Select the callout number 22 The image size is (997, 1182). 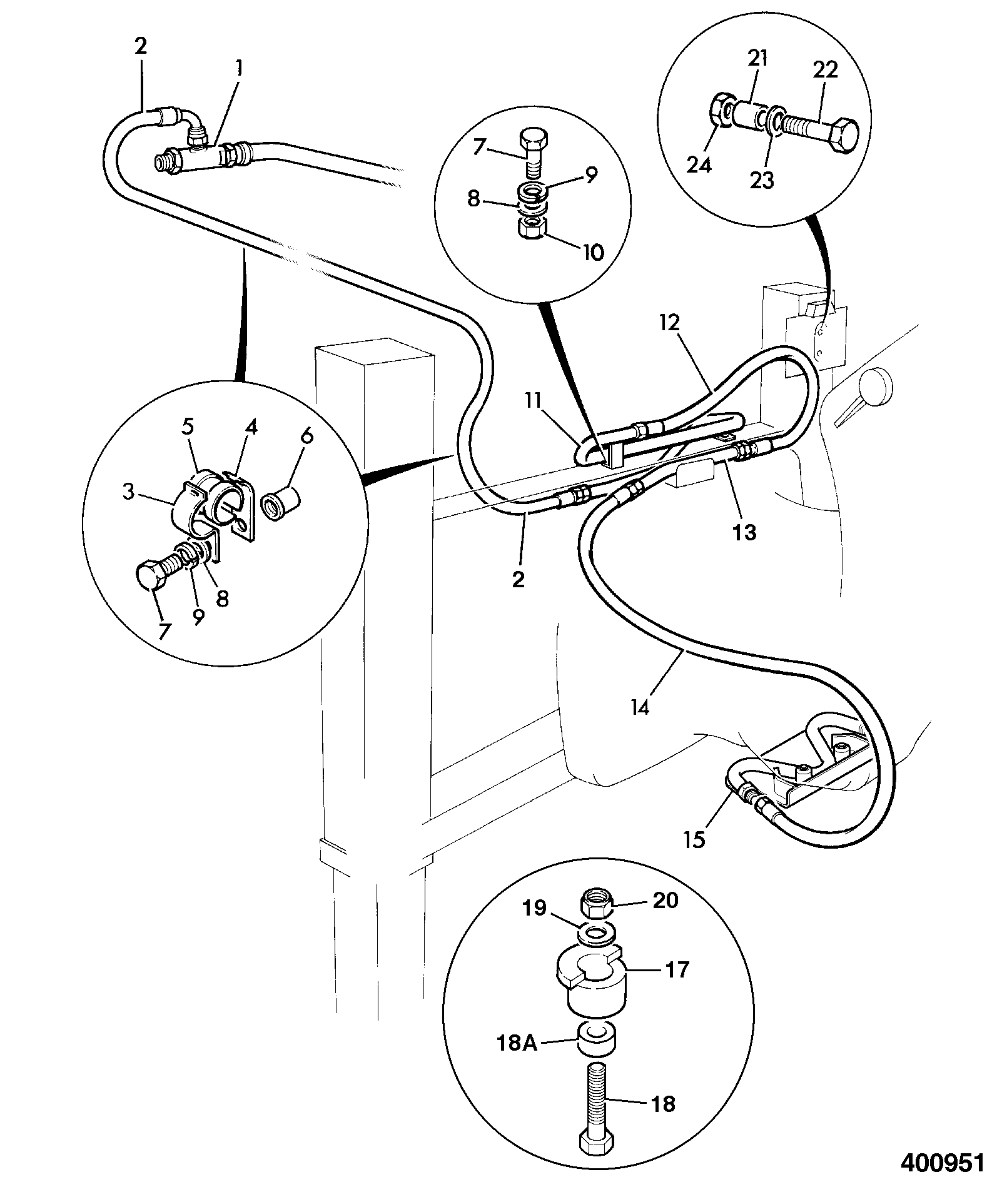click(826, 70)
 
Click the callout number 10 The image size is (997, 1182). click(592, 252)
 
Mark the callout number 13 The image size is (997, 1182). click(745, 532)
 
